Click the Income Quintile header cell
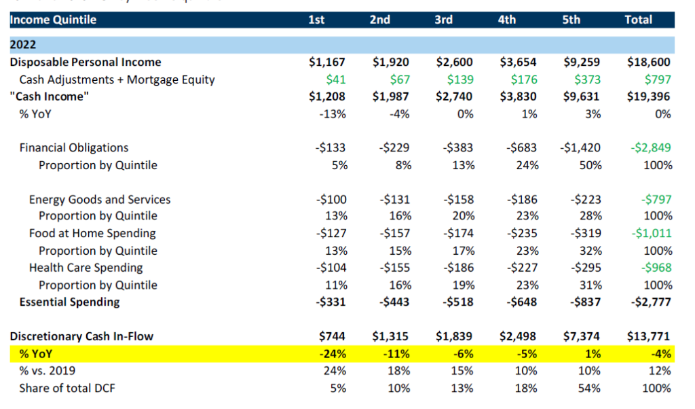click(x=53, y=20)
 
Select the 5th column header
click(x=571, y=20)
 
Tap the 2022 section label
click(x=23, y=46)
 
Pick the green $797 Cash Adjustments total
click(x=657, y=79)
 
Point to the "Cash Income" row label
click(x=49, y=96)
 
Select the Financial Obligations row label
click(x=73, y=147)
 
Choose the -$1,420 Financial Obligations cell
click(x=580, y=147)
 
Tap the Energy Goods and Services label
click(x=100, y=200)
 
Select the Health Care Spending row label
click(x=86, y=268)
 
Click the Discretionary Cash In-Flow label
click(x=81, y=336)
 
